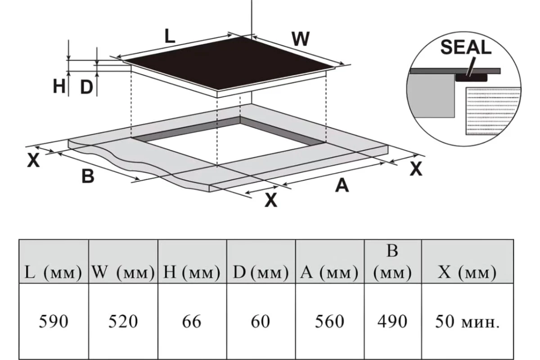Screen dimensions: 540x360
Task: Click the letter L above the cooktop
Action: coord(170,36)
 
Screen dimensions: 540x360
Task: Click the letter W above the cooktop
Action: coord(301,39)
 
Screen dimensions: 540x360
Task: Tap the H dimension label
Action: coord(59,86)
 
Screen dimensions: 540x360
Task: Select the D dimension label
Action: coord(86,87)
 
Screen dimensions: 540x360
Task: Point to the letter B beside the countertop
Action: coord(88,176)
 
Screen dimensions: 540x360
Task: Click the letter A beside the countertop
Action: coord(342,186)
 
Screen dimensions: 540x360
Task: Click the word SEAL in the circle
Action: coord(466,47)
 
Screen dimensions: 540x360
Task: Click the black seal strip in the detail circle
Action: coord(471,78)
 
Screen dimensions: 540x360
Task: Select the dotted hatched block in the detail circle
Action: coord(492,111)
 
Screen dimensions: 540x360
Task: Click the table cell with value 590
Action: coord(54,321)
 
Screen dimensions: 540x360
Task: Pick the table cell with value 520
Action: coord(123,321)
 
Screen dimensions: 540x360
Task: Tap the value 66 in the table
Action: coord(192,322)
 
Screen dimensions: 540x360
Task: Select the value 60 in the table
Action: coord(261,322)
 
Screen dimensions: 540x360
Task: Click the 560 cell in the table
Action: coord(330,321)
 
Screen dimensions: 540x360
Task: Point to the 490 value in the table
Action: coord(392,322)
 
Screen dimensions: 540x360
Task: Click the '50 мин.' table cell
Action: coord(468,321)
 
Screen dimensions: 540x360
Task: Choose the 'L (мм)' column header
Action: coord(54,261)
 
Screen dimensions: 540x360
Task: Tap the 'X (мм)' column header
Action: coord(468,261)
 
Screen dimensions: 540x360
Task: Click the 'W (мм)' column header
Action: coord(123,261)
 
